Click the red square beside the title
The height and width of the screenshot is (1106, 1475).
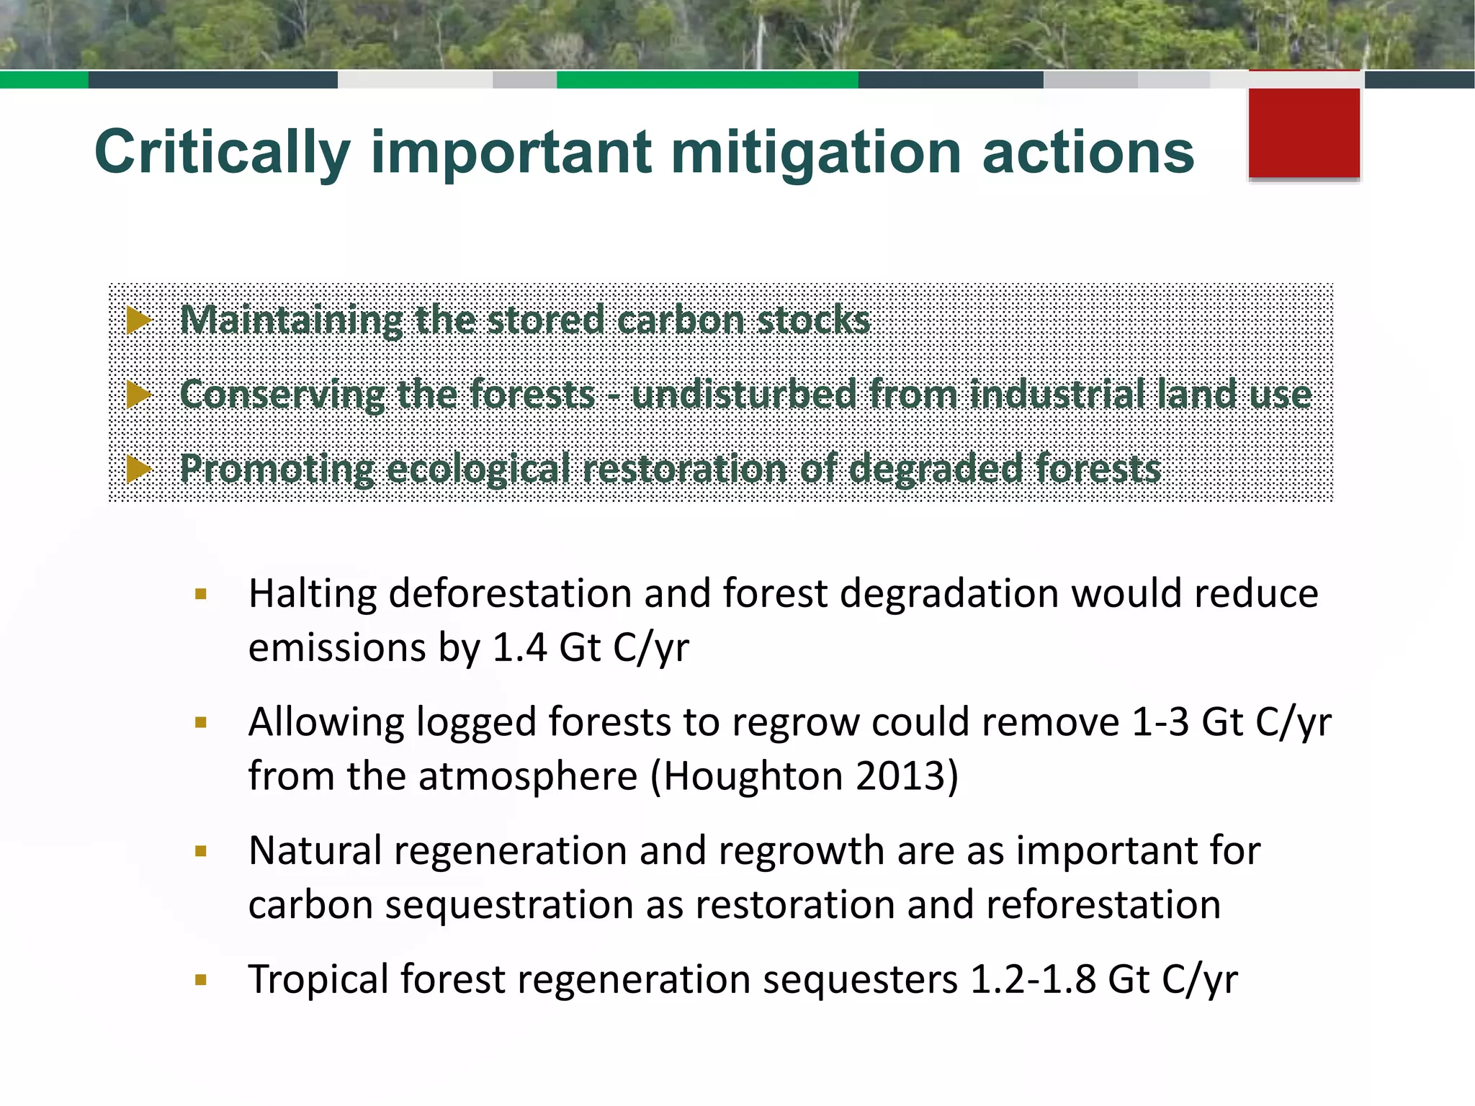coord(1304,131)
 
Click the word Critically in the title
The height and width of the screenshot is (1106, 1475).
coord(222,153)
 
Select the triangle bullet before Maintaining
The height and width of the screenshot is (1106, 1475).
coord(138,320)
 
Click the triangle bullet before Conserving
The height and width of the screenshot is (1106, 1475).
coord(138,394)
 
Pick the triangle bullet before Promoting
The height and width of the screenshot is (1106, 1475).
coord(138,469)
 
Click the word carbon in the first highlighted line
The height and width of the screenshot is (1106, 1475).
coord(681,320)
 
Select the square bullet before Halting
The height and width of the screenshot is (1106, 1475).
coord(201,595)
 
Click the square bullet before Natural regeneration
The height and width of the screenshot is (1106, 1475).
coord(201,852)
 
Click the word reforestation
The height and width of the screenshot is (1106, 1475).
coord(1103,905)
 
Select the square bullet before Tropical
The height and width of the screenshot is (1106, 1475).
coord(201,980)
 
